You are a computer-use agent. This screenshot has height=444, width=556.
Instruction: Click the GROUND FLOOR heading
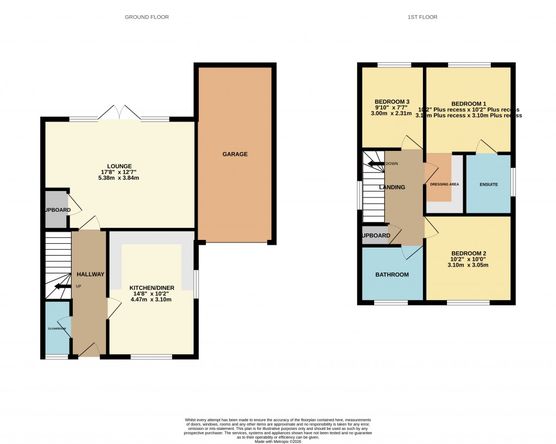click(x=147, y=17)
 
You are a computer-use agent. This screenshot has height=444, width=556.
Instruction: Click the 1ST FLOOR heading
click(x=422, y=17)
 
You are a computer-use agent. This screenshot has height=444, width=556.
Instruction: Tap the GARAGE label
click(x=235, y=154)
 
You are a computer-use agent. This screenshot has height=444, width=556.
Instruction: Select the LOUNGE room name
click(x=119, y=166)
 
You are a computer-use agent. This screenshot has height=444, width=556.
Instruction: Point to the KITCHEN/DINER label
click(x=151, y=288)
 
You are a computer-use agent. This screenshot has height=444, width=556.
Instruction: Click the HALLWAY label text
click(x=90, y=275)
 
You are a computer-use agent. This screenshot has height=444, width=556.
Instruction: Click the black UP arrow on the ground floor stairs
click(x=62, y=286)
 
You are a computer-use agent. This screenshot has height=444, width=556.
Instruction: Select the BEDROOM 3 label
click(x=392, y=102)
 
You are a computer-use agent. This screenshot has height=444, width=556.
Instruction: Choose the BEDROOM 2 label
click(x=468, y=253)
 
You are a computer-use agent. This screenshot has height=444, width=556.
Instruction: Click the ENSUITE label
click(x=489, y=185)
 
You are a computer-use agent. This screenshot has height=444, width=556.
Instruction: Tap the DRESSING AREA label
click(x=444, y=185)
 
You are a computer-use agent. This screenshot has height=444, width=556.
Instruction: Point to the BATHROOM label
click(x=392, y=275)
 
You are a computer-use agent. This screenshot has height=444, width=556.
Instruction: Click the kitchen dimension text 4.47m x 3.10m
click(x=151, y=300)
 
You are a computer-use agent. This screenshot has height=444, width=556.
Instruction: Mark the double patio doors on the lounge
click(x=119, y=112)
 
